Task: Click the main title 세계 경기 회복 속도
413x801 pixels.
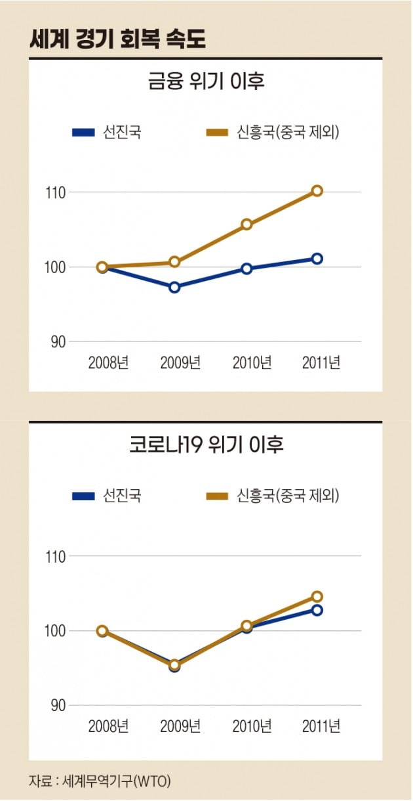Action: tap(118, 39)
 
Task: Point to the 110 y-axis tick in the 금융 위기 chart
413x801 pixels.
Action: tap(56, 192)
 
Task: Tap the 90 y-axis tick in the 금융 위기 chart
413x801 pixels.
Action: tap(60, 341)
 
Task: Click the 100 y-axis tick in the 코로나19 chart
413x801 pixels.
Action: tap(56, 631)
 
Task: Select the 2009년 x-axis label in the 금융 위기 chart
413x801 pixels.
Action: tap(180, 363)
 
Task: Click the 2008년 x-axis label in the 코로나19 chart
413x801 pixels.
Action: tap(108, 726)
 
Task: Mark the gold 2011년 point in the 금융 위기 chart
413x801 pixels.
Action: tap(317, 190)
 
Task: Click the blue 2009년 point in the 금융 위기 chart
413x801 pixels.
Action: tap(174, 287)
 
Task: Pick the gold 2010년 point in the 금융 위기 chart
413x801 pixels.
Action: tap(246, 225)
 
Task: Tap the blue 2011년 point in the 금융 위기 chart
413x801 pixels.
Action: tap(317, 259)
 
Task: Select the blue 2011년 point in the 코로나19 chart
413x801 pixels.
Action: tap(317, 610)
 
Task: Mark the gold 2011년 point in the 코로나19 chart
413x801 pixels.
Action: tap(317, 596)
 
